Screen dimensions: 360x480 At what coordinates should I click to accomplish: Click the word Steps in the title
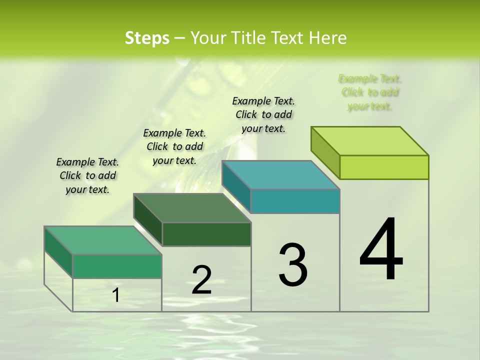tap(146, 38)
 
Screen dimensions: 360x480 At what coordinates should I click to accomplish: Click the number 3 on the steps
tap(292, 265)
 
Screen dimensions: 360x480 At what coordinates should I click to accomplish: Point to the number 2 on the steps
tap(201, 280)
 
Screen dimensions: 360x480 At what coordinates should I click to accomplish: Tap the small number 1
tap(115, 295)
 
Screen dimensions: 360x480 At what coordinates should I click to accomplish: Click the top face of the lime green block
tap(370, 140)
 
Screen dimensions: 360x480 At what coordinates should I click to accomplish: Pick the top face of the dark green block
tap(192, 207)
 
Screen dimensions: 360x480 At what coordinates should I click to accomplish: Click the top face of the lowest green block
tap(103, 240)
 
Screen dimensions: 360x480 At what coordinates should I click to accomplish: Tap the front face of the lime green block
tap(384, 167)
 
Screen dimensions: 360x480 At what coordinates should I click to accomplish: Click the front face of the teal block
tap(295, 201)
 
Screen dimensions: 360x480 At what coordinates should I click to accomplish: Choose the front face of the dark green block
tap(206, 234)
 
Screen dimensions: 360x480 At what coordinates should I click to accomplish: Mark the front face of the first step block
tap(117, 266)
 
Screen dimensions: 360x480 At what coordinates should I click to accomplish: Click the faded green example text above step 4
tap(369, 92)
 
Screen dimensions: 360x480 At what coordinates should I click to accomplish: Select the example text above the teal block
tap(263, 114)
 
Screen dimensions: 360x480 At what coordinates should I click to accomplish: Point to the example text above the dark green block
tap(174, 146)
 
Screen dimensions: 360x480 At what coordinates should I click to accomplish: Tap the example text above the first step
tap(87, 175)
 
